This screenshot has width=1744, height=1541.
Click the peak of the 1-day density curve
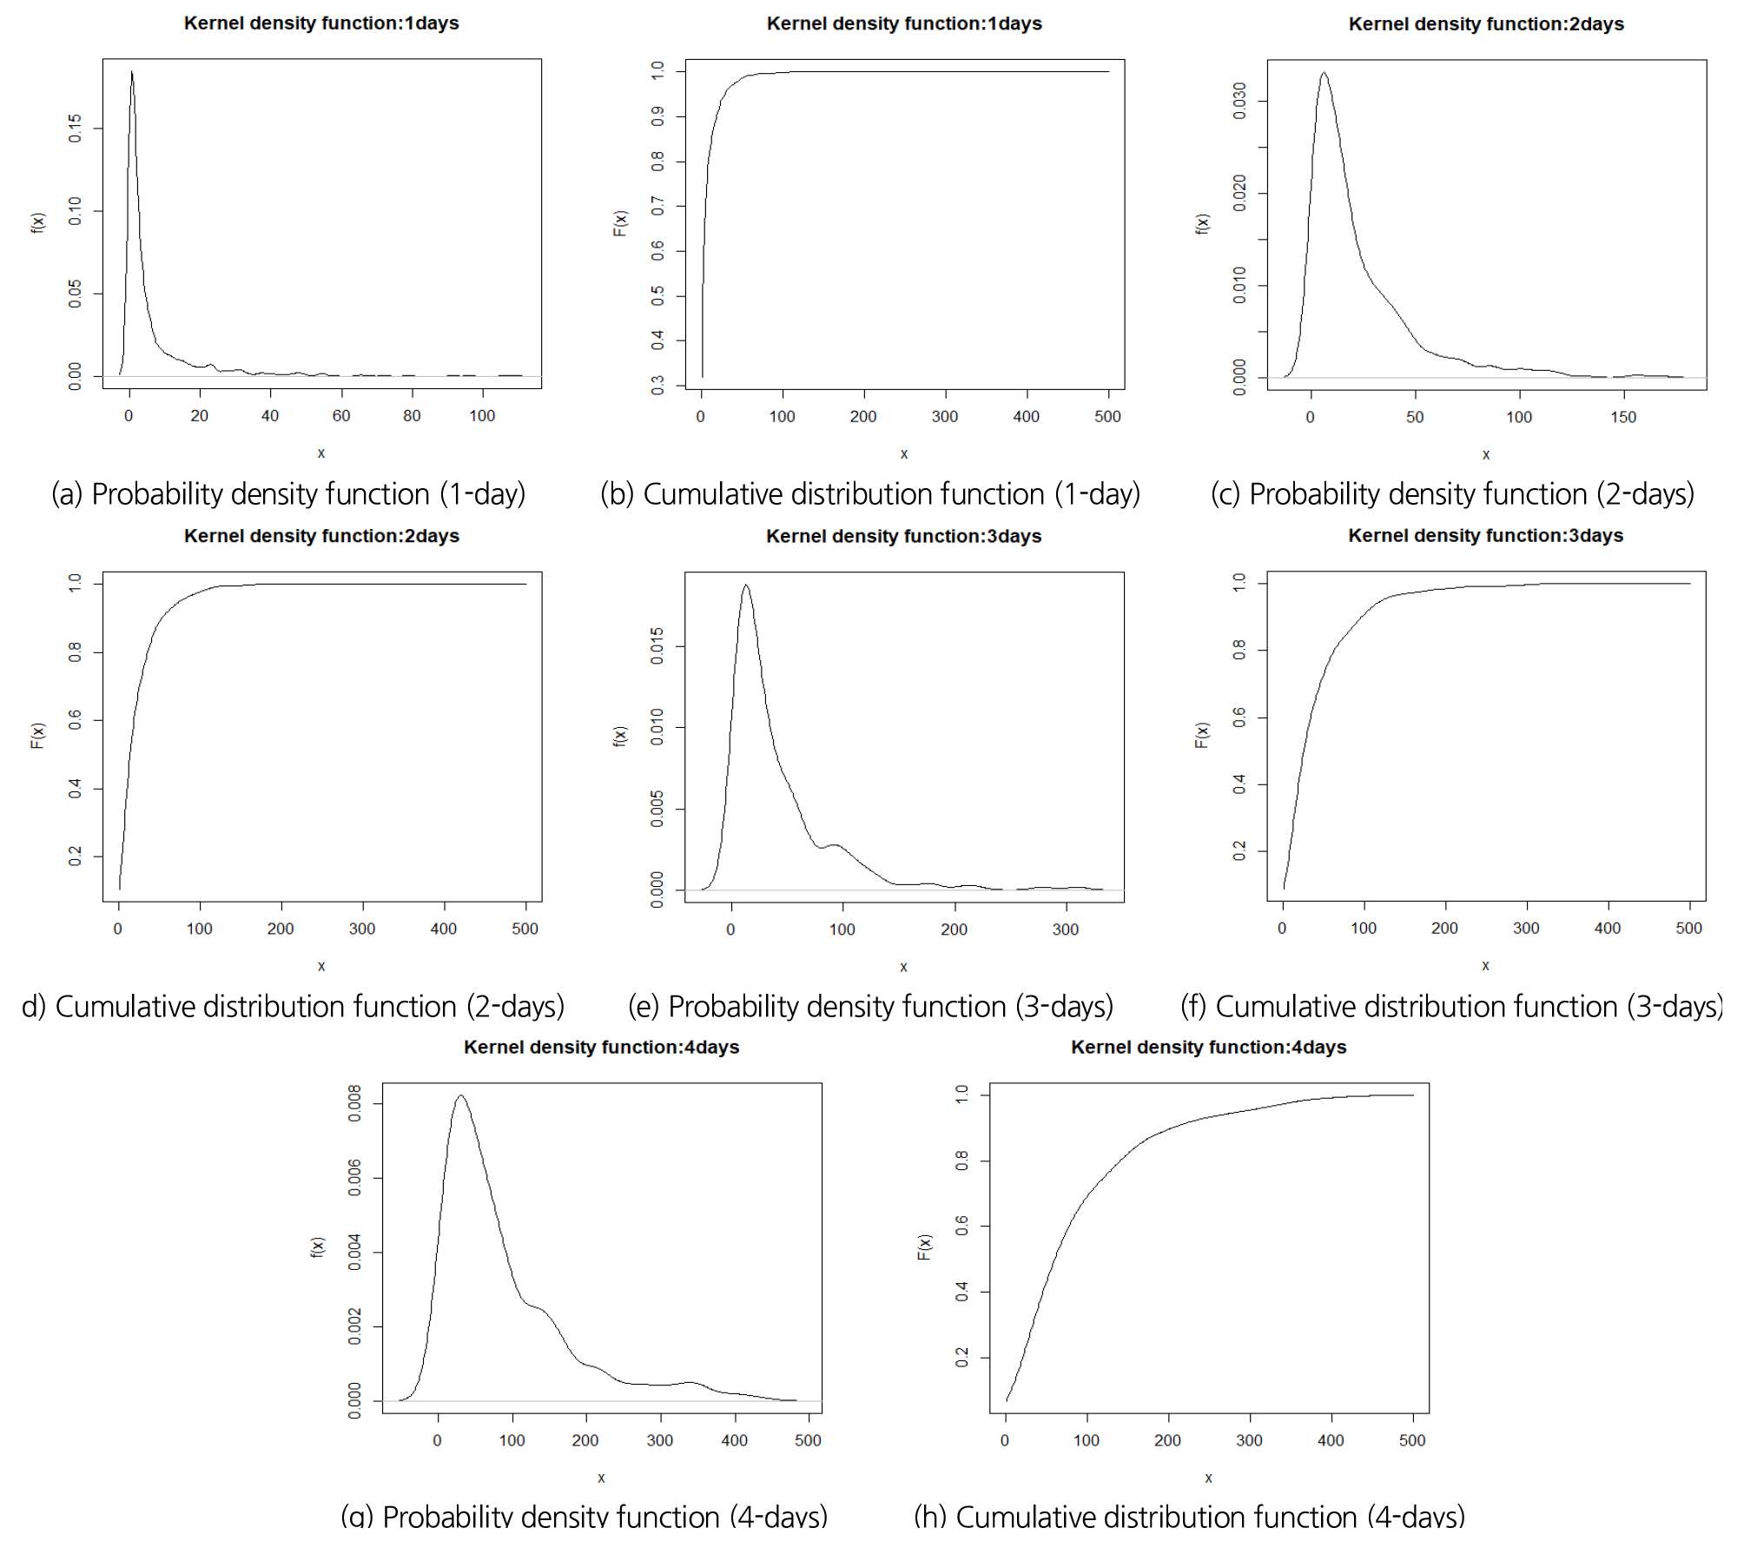tap(132, 72)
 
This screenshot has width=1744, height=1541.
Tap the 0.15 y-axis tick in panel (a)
tap(76, 129)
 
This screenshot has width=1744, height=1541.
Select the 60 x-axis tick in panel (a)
tap(341, 416)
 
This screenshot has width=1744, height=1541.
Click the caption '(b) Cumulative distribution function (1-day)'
tap(870, 494)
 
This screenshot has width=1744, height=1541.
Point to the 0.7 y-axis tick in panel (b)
tap(658, 206)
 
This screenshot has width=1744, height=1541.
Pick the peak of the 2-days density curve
tap(1324, 73)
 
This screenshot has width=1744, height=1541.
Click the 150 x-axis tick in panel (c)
tap(1623, 417)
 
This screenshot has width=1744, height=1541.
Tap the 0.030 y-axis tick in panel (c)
tap(1240, 101)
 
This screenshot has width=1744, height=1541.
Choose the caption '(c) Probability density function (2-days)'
tap(1452, 494)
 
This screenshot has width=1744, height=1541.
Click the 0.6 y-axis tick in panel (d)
tap(76, 720)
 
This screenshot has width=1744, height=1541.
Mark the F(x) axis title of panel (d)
tap(37, 735)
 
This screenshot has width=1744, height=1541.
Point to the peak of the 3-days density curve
tap(745, 585)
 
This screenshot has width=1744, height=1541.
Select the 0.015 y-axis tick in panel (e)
tap(658, 646)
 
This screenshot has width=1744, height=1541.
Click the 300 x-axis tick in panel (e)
tap(1066, 929)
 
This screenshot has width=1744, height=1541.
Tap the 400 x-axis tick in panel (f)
tap(1608, 929)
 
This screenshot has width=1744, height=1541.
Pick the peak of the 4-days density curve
tap(461, 1096)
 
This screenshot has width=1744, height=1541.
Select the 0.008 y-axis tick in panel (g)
tap(355, 1103)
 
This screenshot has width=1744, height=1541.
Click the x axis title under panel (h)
tap(1209, 1478)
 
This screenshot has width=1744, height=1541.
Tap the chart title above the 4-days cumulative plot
tap(1208, 1048)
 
